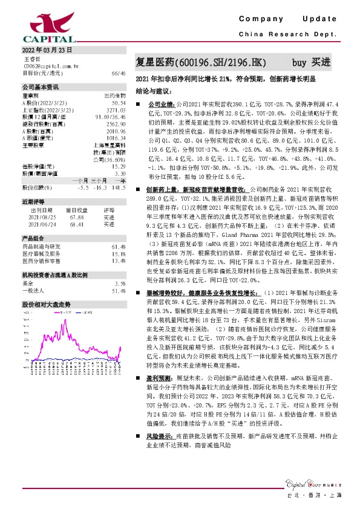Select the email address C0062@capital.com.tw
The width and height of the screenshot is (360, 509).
pyautogui.click(x=54, y=66)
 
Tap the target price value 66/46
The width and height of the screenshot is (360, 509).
pyautogui.click(x=119, y=73)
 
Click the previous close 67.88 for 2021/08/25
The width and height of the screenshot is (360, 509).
pyautogui.click(x=77, y=218)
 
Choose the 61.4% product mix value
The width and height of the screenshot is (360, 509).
pyautogui.click(x=119, y=247)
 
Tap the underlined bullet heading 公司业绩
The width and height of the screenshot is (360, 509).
pyautogui.click(x=160, y=105)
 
